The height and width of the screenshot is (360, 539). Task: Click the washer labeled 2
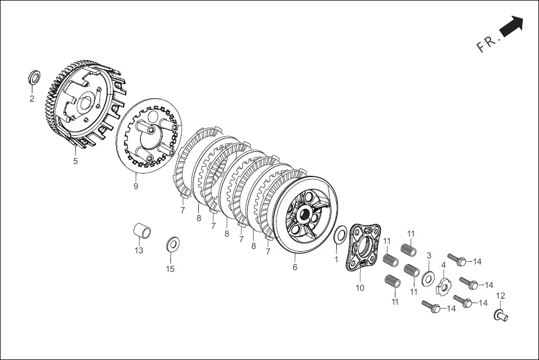[x=34, y=77]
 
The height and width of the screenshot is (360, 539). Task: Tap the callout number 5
[x=75, y=161]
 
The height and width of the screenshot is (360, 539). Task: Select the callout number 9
[x=136, y=186]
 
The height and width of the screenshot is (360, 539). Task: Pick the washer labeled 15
[x=171, y=244]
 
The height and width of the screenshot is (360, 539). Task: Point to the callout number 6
[x=295, y=267]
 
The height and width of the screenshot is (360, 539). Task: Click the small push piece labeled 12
[x=501, y=315]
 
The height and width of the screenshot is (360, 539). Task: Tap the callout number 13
[x=139, y=251]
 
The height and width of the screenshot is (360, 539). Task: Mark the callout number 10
[x=360, y=287]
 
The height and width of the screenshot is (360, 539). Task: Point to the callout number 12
[x=500, y=295]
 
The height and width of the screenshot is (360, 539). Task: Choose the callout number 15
[x=170, y=268]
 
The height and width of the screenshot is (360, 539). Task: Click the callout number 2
[x=32, y=99]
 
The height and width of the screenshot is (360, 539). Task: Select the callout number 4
[x=443, y=265]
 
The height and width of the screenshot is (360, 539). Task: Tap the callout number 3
[x=429, y=256]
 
